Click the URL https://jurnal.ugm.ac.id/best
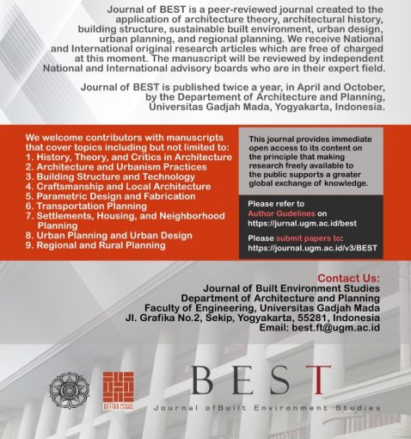coord(296,221)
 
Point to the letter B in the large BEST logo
coord(205,383)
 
